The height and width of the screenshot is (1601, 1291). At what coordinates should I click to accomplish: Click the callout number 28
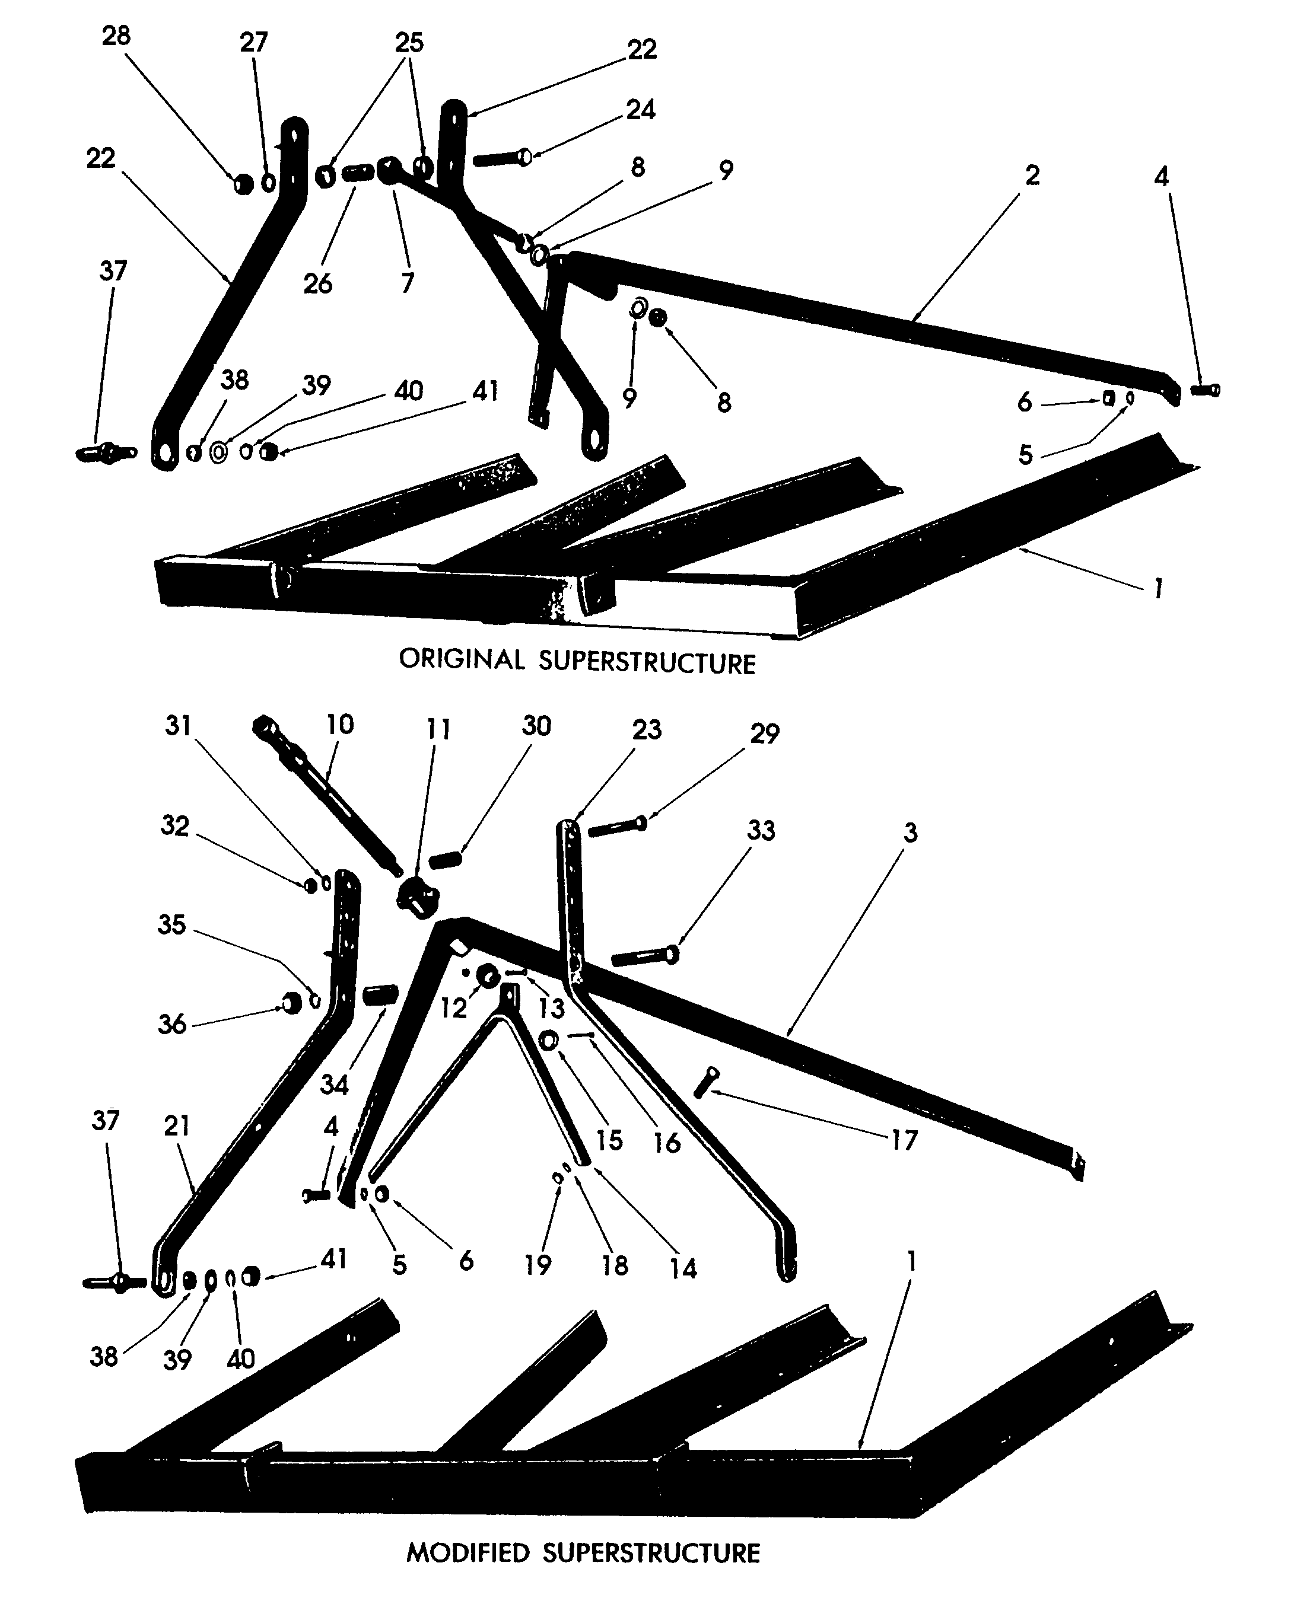click(x=116, y=36)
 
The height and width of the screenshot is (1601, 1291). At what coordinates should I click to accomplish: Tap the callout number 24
click(x=640, y=110)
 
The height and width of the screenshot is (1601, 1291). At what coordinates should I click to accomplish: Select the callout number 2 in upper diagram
click(x=1032, y=176)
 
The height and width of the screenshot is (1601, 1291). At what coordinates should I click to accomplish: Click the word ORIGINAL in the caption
click(x=461, y=659)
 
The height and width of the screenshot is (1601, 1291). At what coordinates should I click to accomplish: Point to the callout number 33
click(x=761, y=830)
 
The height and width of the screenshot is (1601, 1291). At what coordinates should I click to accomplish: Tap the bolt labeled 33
click(x=644, y=956)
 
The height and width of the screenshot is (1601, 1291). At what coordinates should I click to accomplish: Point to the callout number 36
click(x=172, y=1025)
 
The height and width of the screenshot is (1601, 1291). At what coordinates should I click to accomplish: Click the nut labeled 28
click(x=243, y=184)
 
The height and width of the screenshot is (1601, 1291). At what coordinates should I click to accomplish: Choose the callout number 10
click(x=340, y=725)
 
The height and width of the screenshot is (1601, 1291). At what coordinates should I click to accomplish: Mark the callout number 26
click(x=317, y=283)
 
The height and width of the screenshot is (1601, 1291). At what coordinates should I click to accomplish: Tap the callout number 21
click(x=177, y=1126)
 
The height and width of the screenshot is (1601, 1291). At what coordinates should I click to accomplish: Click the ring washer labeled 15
click(x=549, y=1041)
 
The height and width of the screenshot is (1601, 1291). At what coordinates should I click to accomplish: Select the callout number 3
click(x=910, y=833)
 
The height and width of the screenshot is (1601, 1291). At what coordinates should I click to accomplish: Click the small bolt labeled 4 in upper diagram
click(x=1205, y=390)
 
